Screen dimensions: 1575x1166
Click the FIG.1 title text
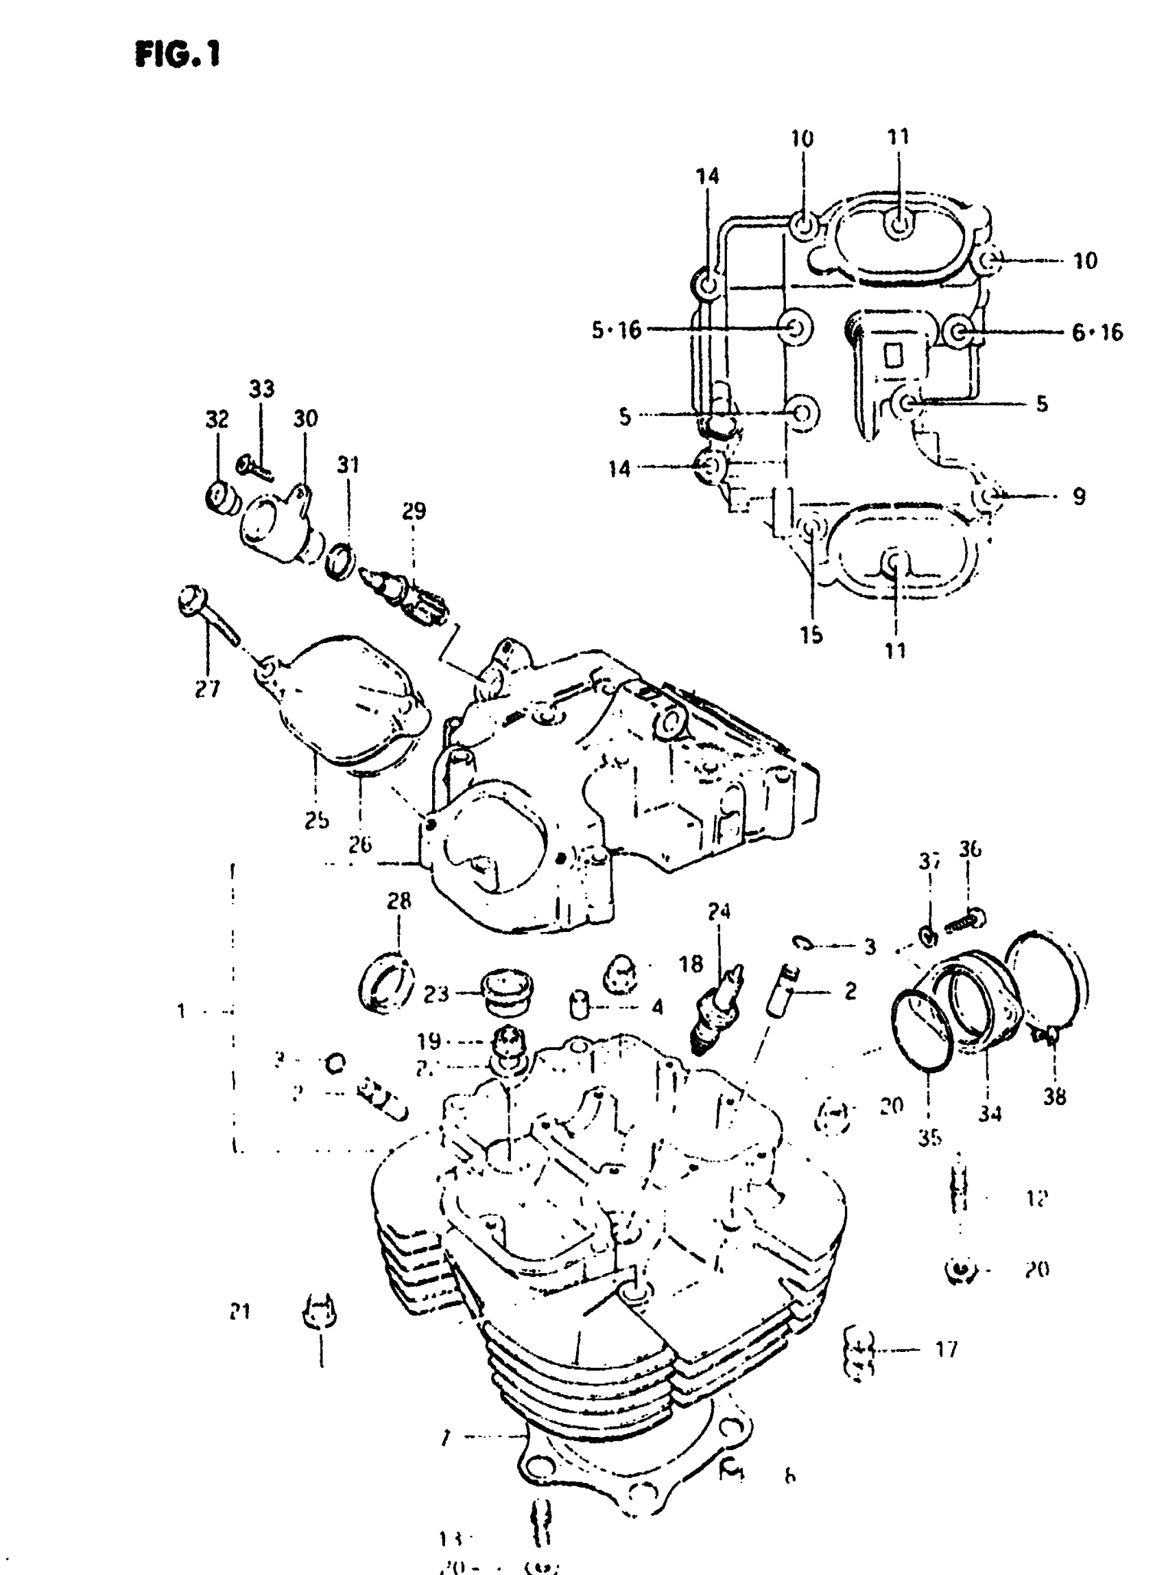click(177, 53)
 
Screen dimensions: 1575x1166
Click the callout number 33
click(261, 389)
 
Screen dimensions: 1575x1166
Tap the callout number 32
click(217, 419)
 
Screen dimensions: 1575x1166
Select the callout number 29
click(414, 511)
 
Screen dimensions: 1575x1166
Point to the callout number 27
click(208, 688)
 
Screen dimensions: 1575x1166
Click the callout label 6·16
click(1097, 332)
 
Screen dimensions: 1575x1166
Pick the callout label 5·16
click(616, 330)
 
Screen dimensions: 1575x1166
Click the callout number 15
click(811, 635)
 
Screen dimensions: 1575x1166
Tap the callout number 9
click(1078, 496)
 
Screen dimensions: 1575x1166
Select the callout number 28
click(398, 901)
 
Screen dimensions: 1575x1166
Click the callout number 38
click(1054, 1097)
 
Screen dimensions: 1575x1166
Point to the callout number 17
click(946, 1350)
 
